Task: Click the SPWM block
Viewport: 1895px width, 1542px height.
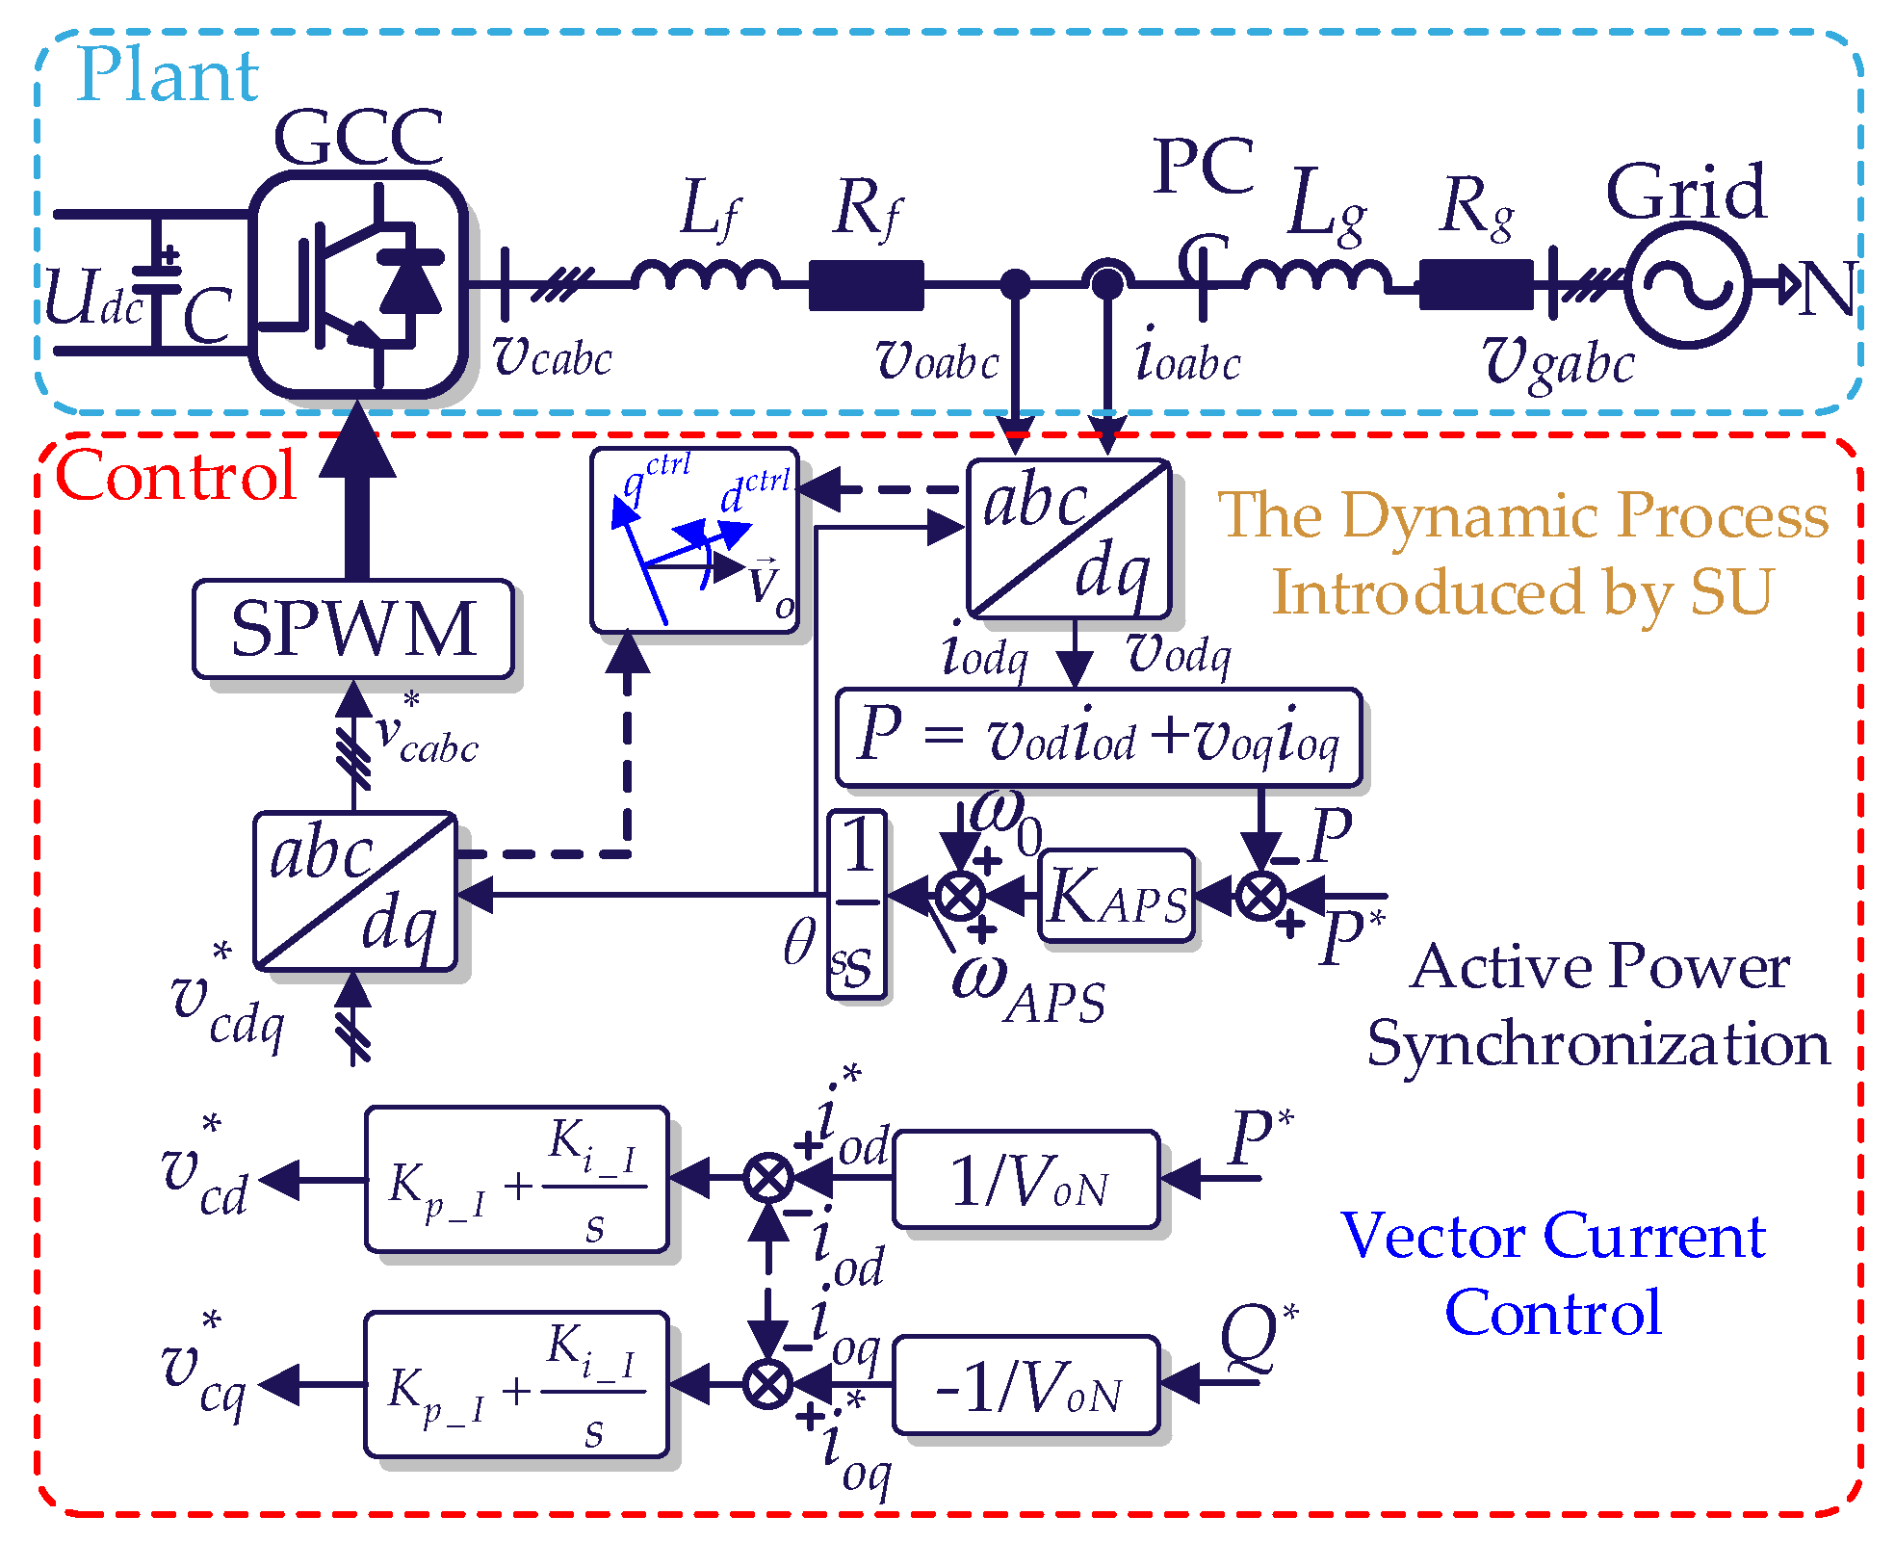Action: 352,629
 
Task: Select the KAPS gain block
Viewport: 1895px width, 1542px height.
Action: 1117,896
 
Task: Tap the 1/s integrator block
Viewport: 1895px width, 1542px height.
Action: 856,903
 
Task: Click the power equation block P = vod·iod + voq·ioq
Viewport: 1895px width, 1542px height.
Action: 1099,737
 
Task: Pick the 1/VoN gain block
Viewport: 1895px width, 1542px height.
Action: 1026,1179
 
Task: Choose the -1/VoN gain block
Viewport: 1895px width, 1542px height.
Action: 1026,1385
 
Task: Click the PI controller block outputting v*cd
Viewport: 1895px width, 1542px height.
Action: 517,1179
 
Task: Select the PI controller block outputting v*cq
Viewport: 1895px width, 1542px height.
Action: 517,1384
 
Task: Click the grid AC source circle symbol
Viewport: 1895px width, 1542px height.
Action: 1688,284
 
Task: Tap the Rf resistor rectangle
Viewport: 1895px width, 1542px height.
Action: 866,285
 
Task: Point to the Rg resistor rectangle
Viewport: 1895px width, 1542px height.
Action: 1475,285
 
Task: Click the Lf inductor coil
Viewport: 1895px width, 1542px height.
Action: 706,276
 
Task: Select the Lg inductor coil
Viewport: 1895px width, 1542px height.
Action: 1316,276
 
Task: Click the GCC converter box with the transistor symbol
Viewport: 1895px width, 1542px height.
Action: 359,284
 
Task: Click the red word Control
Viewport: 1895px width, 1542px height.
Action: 175,476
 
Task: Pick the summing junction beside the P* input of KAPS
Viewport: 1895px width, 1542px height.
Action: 1260,896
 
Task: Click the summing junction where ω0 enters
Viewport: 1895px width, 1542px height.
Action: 960,896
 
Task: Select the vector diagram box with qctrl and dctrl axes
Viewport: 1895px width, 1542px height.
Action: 694,540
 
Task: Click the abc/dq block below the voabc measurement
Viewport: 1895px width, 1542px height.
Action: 1068,538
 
